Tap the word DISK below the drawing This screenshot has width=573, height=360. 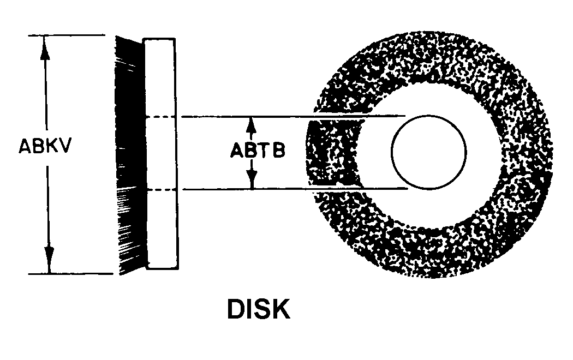click(258, 309)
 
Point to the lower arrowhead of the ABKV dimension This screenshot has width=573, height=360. click(49, 261)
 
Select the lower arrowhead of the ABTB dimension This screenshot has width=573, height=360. click(252, 179)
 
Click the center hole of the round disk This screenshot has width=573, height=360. click(429, 152)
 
